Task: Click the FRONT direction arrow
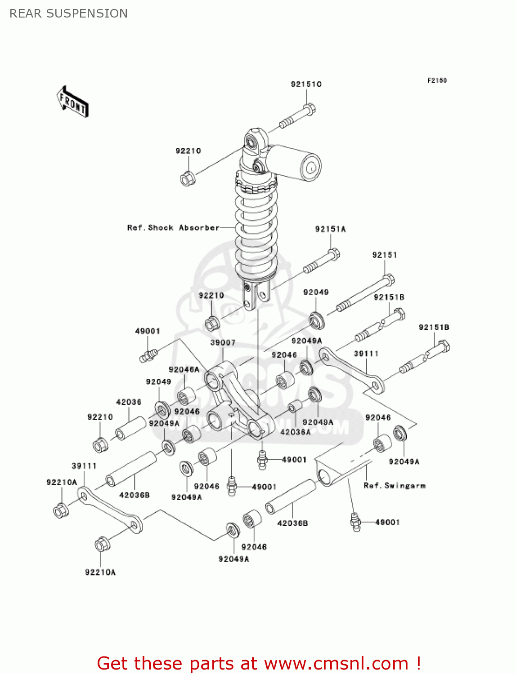72,102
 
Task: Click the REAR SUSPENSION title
68,13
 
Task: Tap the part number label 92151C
306,84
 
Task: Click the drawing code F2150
437,80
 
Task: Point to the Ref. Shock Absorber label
173,228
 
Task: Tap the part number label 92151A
330,229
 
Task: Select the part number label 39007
223,342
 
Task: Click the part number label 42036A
295,432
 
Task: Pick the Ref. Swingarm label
395,486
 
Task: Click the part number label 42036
129,402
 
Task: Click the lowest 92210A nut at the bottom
102,545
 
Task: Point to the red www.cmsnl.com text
336,663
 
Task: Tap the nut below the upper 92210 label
187,178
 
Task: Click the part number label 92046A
184,369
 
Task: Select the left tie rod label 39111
84,466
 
